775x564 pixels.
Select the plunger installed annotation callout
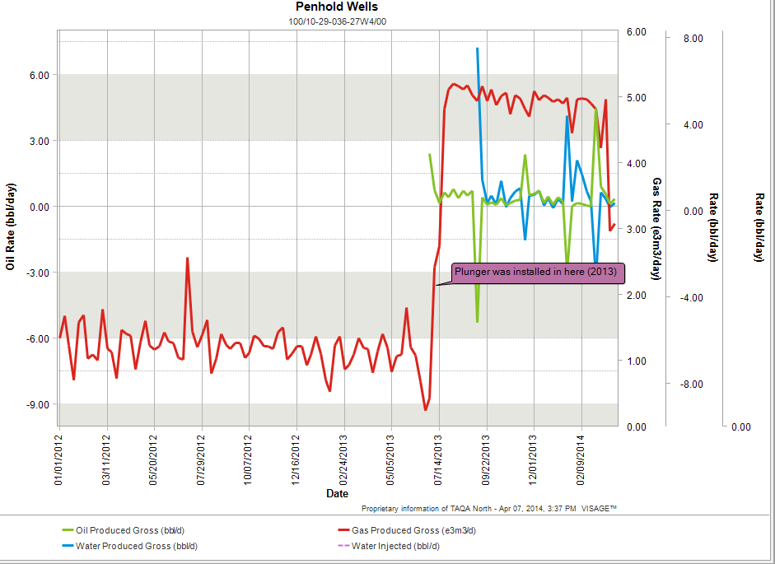click(536, 272)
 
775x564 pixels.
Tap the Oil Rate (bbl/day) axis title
click(11, 228)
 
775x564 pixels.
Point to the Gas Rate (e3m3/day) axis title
click(656, 228)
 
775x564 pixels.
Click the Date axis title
click(337, 493)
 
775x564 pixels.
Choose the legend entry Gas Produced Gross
click(413, 530)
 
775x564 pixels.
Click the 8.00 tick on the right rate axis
click(693, 38)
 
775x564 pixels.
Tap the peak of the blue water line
click(477, 49)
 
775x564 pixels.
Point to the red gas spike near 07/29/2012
click(187, 259)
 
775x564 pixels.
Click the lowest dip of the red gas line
click(426, 409)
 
